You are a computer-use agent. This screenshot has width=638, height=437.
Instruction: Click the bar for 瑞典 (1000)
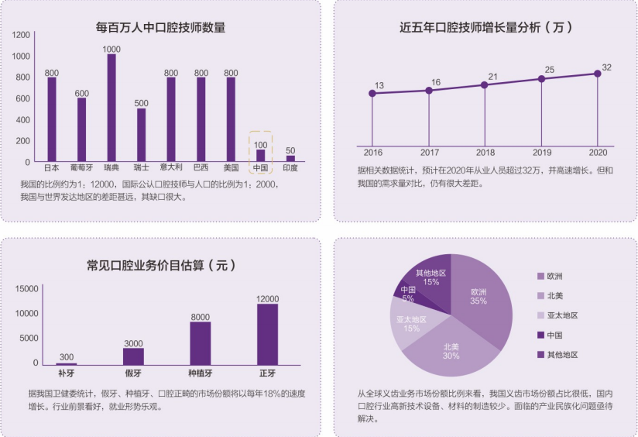tap(111, 108)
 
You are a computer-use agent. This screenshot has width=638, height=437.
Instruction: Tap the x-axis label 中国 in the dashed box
tap(261, 167)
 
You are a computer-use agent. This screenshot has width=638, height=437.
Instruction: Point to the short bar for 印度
tap(290, 159)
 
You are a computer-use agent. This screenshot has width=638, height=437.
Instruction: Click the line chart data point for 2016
tap(372, 93)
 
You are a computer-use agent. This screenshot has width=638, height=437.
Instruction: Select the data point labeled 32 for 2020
tap(597, 74)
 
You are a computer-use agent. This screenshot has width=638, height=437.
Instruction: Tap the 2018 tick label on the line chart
tap(485, 152)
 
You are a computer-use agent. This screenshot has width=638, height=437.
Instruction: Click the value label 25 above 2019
tap(550, 71)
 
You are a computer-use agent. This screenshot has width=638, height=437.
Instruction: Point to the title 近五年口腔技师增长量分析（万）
tap(485, 29)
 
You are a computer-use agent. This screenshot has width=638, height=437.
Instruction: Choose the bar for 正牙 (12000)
tap(267, 334)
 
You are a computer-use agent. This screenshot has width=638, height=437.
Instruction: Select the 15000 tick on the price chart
tap(27, 289)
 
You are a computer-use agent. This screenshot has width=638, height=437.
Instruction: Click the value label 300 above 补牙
tap(67, 357)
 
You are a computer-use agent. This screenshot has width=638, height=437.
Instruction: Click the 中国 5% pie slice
tap(408, 294)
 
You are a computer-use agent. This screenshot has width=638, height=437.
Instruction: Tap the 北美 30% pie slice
tap(451, 348)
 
